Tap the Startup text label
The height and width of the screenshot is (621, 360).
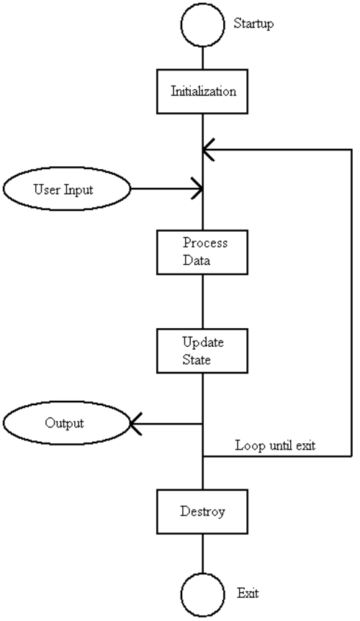click(253, 24)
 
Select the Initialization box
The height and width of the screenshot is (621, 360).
click(202, 91)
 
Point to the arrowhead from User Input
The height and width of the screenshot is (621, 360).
click(197, 189)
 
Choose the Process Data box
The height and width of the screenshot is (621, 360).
click(202, 253)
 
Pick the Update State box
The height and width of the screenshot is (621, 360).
click(202, 351)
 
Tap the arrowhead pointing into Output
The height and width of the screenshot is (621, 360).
click(136, 424)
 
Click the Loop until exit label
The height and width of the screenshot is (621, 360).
click(276, 445)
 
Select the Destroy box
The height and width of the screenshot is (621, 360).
click(202, 512)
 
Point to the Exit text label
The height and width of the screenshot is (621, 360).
click(248, 593)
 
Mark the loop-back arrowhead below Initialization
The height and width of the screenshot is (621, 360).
click(209, 150)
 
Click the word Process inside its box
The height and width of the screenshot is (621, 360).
click(205, 242)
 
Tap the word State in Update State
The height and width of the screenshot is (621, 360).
click(197, 360)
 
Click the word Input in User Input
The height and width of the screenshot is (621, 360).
click(78, 190)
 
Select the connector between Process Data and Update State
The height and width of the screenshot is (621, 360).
click(202, 302)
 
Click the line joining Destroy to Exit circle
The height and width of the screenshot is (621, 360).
click(202, 553)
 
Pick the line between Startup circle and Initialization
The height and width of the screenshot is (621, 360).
click(202, 58)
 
